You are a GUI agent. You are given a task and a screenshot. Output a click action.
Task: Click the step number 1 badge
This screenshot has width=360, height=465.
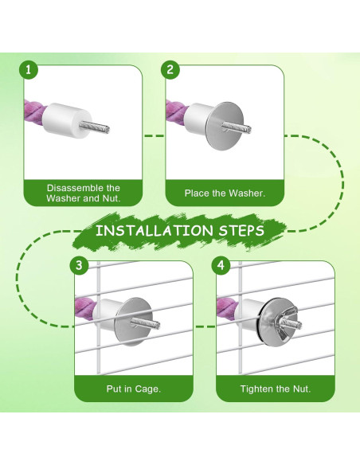coord(29,70)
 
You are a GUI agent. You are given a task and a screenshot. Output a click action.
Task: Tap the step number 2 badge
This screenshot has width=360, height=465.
coord(170,70)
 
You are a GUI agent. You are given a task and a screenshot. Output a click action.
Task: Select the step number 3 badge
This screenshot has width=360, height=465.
coord(79,265)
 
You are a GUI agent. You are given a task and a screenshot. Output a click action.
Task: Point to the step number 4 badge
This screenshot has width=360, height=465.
coord(221,265)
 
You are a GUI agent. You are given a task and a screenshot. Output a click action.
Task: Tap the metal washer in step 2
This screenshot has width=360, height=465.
coord(225,126)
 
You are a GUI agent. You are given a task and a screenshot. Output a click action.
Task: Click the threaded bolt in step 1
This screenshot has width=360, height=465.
coord(94,127)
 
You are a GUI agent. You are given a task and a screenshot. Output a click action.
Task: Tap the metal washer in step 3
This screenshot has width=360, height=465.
coord(134,322)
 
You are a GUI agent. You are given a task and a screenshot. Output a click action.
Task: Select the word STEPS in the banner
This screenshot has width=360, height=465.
coord(241,230)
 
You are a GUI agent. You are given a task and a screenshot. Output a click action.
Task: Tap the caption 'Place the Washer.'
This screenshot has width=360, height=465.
coord(225,193)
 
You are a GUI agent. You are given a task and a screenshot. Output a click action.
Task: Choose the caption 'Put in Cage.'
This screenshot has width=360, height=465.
coord(134,389)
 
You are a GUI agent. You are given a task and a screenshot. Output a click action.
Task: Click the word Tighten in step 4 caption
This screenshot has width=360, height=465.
coord(256,389)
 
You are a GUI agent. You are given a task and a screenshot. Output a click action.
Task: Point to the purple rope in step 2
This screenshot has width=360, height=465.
coord(177,112)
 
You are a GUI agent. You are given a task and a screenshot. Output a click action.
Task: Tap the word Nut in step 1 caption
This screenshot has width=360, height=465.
coord(111,198)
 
